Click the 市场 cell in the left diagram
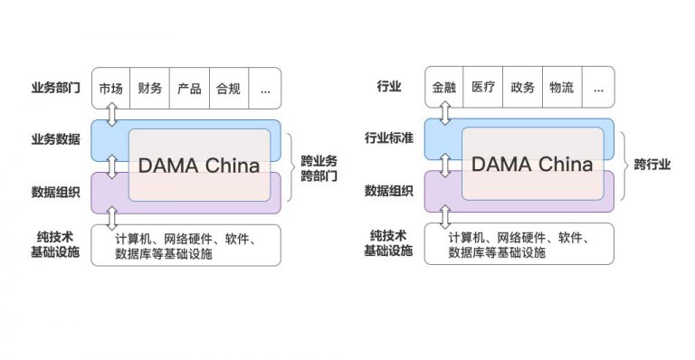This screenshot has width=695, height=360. pos(110,89)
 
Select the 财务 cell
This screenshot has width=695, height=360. pos(150,89)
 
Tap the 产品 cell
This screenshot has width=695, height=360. pos(189,89)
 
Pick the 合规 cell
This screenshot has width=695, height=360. pos(228,89)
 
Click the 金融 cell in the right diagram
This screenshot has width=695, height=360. pos(443,89)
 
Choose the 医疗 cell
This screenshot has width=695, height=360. pos(483,89)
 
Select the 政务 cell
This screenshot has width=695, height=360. pos(522,89)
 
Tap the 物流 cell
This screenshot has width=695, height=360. pos(561,89)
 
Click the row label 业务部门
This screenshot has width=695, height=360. pos(55,88)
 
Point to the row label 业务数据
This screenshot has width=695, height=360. pos(55,139)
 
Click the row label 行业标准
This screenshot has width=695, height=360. pos(388,139)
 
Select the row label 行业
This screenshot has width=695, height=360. pos(388,88)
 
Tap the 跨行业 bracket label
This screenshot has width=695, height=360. pos(652,165)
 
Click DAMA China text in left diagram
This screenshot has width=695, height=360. pos(198,166)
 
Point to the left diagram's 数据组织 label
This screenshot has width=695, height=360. pos(55,191)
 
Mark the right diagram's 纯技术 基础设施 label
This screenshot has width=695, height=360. pos(388,243)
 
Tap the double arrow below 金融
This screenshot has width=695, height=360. pos(444,114)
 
